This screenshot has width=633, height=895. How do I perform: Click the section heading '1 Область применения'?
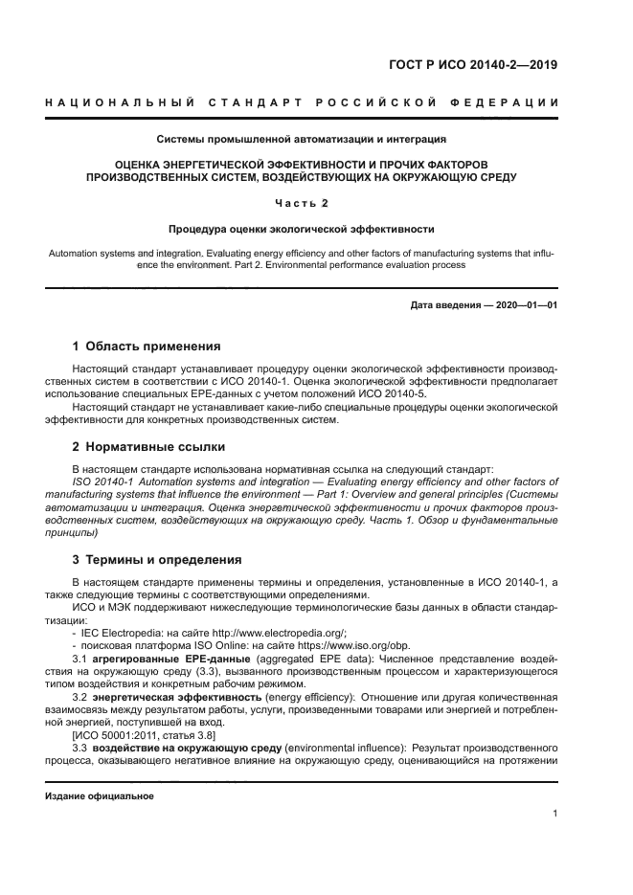click(x=147, y=346)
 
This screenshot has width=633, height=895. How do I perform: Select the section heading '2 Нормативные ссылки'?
click(x=150, y=447)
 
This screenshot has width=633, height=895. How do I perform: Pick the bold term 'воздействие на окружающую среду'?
click(x=176, y=746)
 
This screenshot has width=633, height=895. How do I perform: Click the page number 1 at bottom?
click(x=554, y=814)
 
